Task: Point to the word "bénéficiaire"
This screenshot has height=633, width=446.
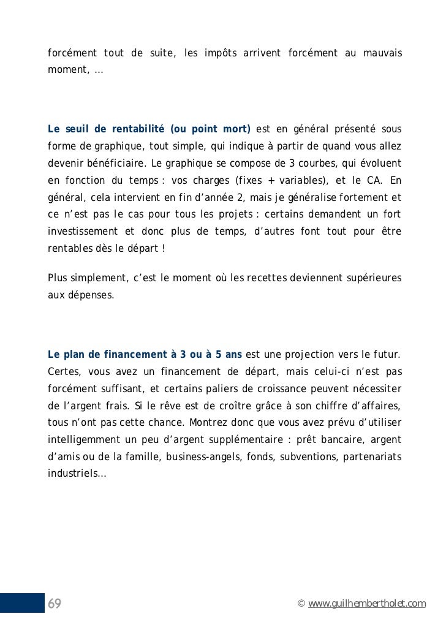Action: point(116,164)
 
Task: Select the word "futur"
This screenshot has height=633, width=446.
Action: point(386,355)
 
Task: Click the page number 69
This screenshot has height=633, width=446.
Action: point(55,604)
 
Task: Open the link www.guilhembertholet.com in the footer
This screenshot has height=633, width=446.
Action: point(367,605)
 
